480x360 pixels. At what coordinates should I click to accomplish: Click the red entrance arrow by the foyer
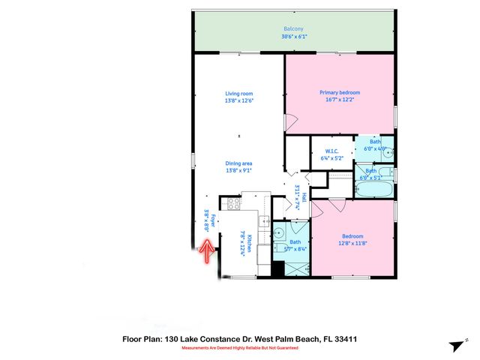204,252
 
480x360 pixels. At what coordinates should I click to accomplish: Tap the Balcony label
294,28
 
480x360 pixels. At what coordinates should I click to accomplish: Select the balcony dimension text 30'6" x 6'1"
294,37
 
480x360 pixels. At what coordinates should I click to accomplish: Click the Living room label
238,94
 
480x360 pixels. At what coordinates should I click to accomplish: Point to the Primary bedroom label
336,93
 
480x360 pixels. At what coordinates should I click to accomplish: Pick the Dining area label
238,163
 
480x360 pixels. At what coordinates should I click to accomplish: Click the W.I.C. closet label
332,151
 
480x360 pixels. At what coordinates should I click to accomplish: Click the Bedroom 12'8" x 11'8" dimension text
352,242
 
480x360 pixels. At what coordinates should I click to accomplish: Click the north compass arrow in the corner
456,345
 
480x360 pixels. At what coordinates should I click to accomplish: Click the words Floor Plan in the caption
142,339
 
